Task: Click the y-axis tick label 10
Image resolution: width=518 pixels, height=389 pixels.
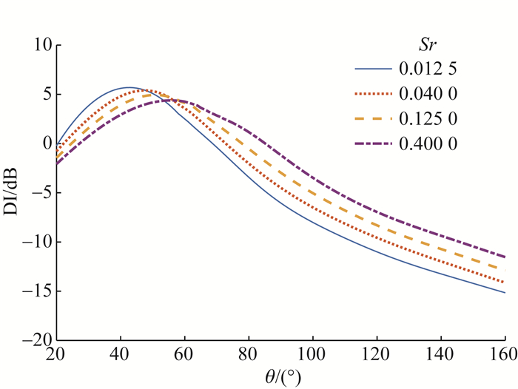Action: coord(39,45)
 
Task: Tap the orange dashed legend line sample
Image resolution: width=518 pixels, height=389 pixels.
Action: coord(374,119)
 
